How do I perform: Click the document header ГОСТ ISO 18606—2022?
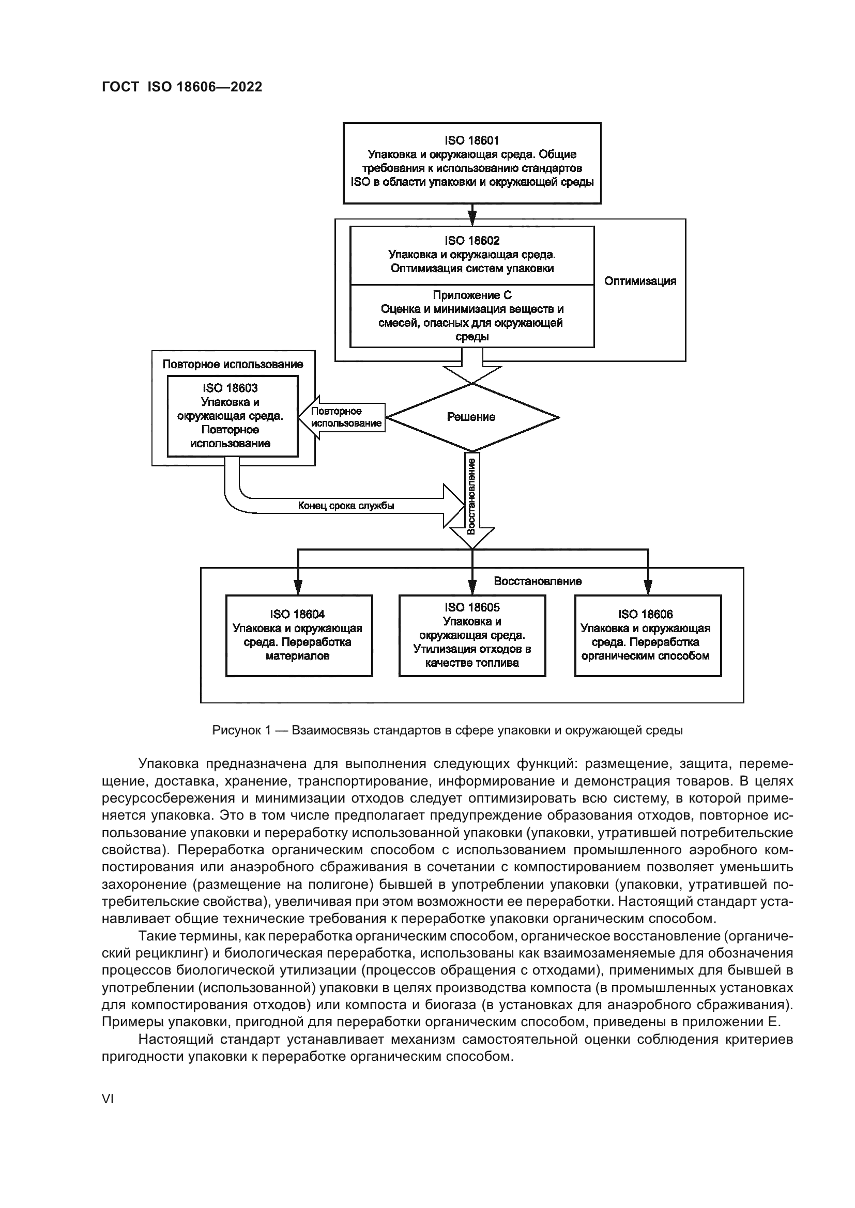[181, 87]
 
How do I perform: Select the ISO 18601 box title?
[472, 140]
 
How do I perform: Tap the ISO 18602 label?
[472, 241]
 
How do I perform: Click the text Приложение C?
[472, 295]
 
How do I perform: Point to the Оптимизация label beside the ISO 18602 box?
[639, 281]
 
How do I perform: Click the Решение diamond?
[472, 417]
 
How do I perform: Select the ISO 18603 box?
[232, 416]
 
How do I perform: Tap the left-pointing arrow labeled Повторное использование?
[342, 417]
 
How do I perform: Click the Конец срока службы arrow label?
[346, 506]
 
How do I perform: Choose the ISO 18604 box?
[299, 635]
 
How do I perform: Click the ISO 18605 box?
[472, 635]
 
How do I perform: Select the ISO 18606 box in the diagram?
[648, 635]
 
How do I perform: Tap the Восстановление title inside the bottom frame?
[538, 581]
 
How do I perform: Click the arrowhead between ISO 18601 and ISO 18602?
[472, 216]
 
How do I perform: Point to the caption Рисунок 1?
[241, 730]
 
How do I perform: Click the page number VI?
[108, 1099]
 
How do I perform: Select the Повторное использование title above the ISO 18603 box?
[233, 364]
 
